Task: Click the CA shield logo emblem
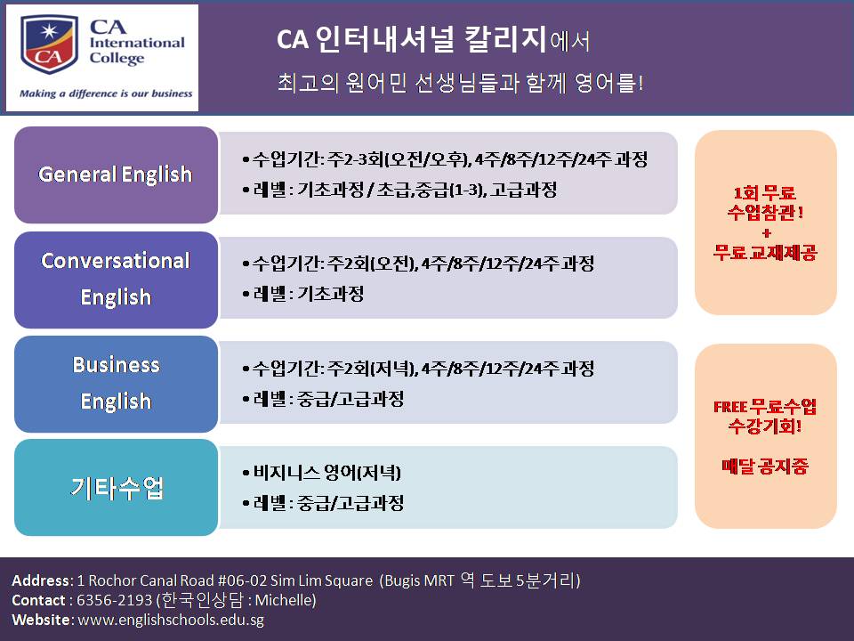(x=49, y=45)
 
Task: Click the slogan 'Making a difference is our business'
(x=106, y=93)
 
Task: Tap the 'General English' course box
(x=116, y=175)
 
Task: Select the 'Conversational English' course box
(x=116, y=280)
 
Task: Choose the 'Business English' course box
(x=116, y=384)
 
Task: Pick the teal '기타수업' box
(x=116, y=487)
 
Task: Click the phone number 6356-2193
(x=115, y=600)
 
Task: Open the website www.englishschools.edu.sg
(x=171, y=621)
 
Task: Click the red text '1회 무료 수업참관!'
(x=765, y=202)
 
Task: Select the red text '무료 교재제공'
(x=765, y=252)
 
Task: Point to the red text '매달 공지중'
(x=765, y=466)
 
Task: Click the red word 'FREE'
(x=729, y=407)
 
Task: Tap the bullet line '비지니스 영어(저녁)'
(x=322, y=473)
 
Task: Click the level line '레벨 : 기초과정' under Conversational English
(x=303, y=295)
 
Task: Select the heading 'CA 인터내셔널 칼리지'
(x=411, y=40)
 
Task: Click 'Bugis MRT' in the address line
(x=419, y=580)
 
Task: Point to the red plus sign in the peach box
(x=766, y=233)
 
